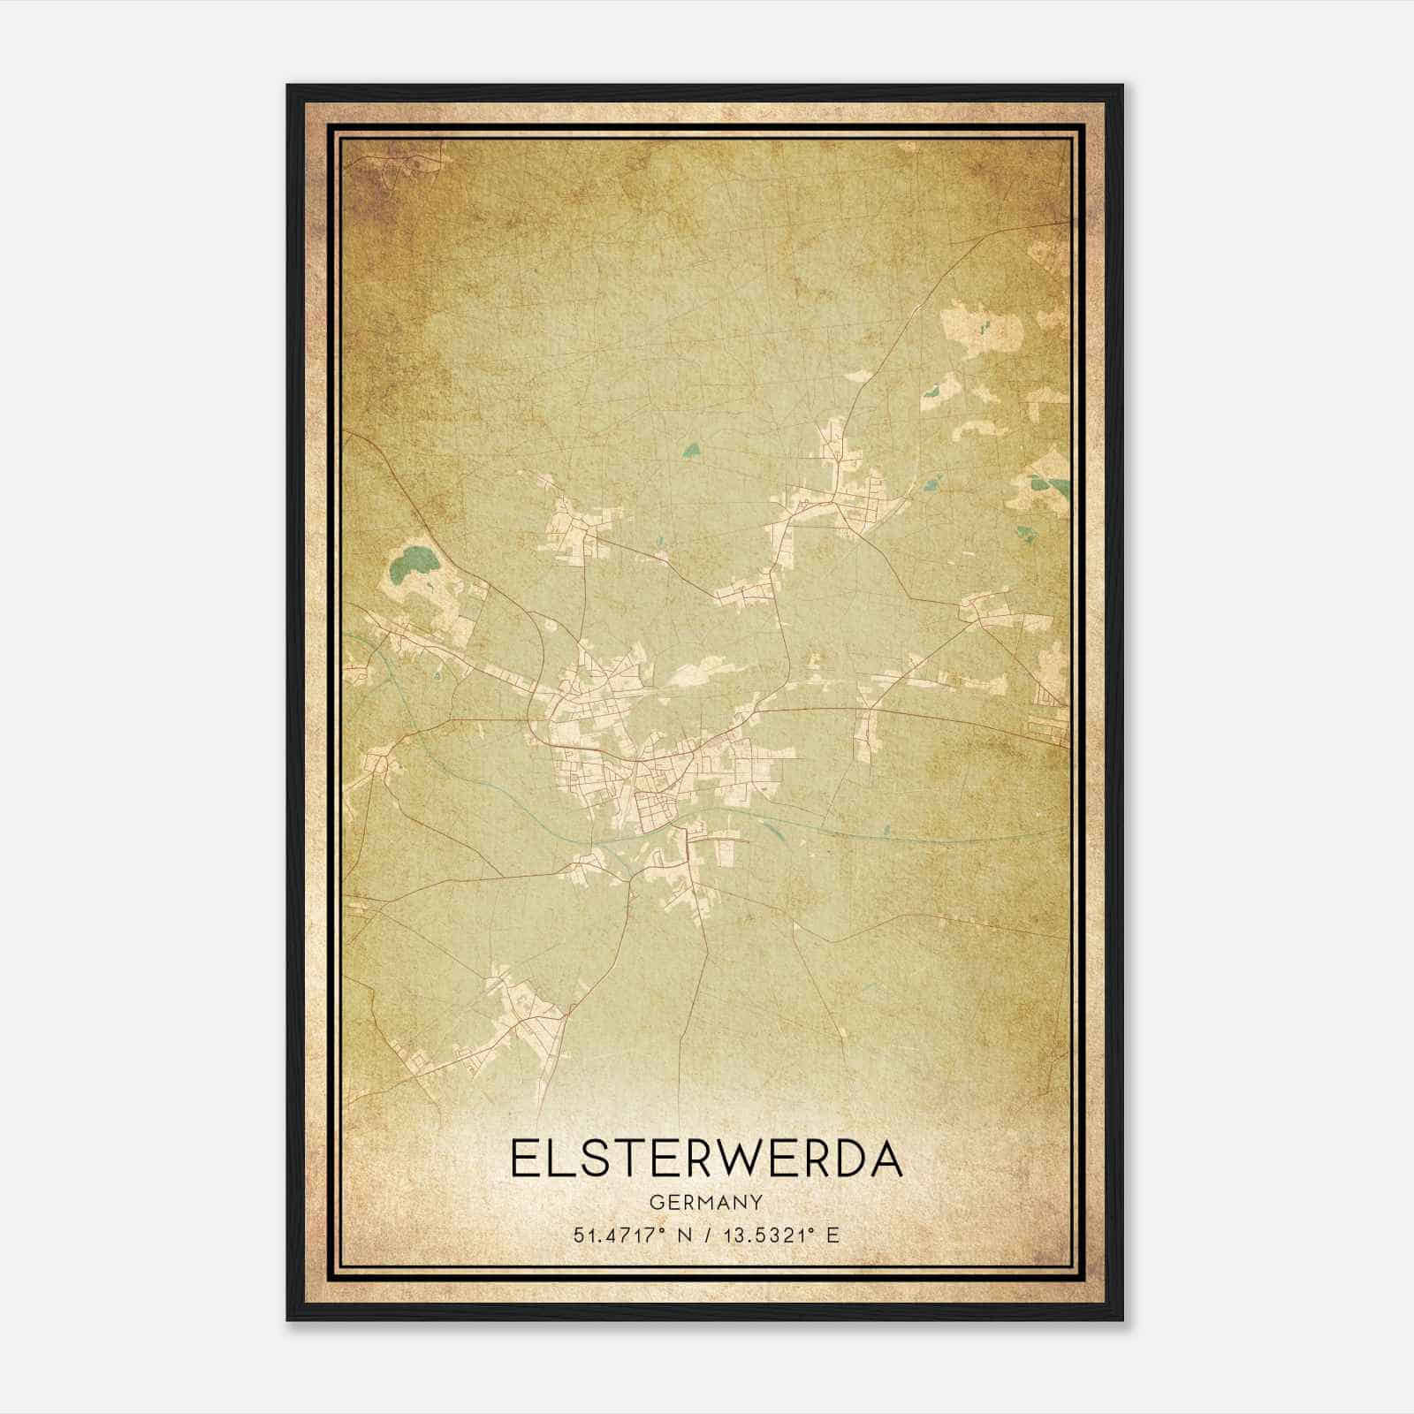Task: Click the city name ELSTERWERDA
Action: click(x=706, y=1159)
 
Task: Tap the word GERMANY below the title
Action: click(x=706, y=1202)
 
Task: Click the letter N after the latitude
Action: click(x=681, y=1235)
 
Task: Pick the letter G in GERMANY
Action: click(x=655, y=1202)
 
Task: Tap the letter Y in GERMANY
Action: click(x=757, y=1202)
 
